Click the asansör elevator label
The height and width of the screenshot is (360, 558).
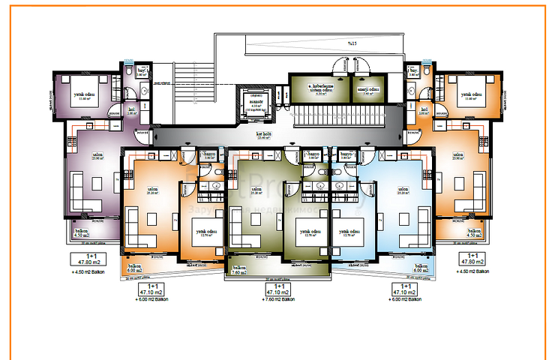tap(256, 103)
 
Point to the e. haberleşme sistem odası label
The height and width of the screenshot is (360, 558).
tap(321, 90)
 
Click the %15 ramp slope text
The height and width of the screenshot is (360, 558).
tap(351, 43)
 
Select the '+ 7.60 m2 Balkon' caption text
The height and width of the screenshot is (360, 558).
tap(279, 298)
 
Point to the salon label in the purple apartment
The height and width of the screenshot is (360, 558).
tap(97, 156)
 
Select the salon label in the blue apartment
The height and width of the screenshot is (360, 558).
tap(402, 190)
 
